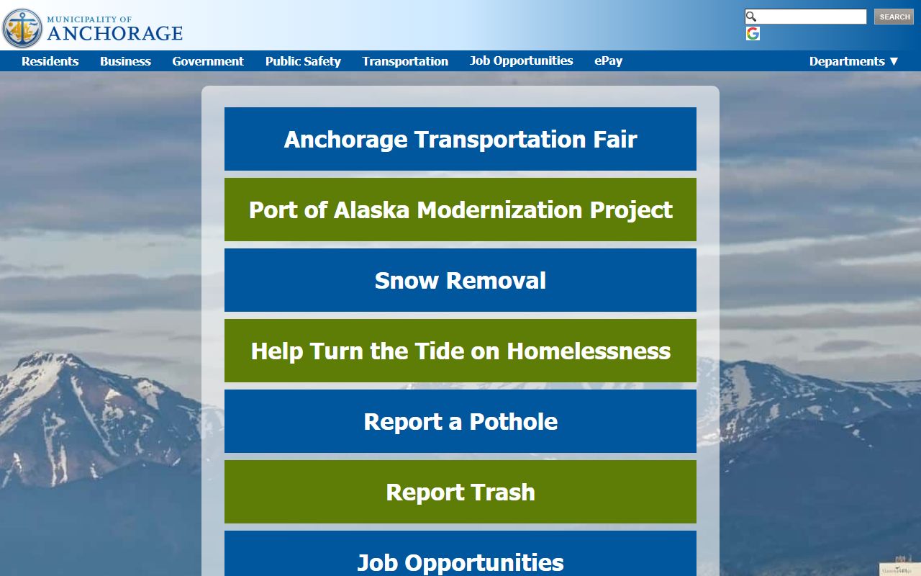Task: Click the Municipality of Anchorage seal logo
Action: [x=22, y=27]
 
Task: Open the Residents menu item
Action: [x=50, y=61]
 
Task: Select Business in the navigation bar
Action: [x=125, y=61]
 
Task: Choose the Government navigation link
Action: [x=208, y=61]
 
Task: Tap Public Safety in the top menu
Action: [x=303, y=61]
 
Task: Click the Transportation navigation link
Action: [x=405, y=61]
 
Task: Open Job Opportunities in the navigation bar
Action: [x=522, y=60]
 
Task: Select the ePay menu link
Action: [x=608, y=60]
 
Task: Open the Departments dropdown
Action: [x=854, y=61]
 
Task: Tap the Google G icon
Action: [x=753, y=34]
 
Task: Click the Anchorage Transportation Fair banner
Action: [x=460, y=139]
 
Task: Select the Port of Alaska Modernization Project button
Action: [x=460, y=210]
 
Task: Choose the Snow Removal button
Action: [x=460, y=280]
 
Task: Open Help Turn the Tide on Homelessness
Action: [x=460, y=351]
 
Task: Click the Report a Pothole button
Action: [x=460, y=421]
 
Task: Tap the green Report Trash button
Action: [x=460, y=492]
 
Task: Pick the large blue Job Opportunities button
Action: [x=460, y=558]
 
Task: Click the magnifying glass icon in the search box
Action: [x=751, y=17]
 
